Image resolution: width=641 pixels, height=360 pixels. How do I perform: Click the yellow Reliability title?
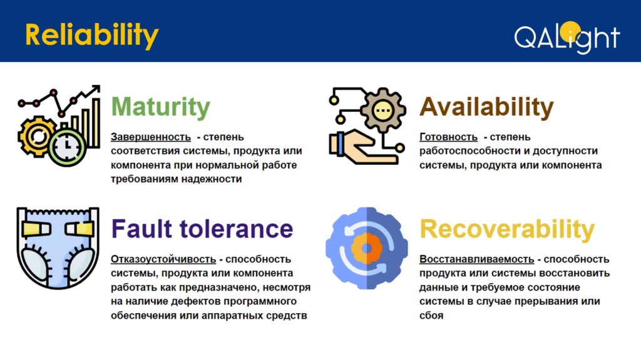point(91,36)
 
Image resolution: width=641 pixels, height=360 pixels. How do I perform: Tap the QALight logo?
point(567,37)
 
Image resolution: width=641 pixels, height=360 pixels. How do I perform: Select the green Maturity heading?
point(161,107)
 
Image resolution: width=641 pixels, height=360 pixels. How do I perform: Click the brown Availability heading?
point(486,107)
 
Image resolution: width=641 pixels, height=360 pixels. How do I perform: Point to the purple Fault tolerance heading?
point(202,229)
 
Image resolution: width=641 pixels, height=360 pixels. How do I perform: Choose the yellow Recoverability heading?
point(507,229)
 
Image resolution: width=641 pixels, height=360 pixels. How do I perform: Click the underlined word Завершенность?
point(150,137)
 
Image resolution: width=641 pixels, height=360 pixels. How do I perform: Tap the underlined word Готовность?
point(448,137)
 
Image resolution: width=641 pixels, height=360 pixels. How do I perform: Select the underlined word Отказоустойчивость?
point(163,259)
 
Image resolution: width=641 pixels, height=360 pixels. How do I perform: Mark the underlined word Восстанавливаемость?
point(476,259)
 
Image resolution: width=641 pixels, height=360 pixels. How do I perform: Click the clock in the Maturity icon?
point(68,146)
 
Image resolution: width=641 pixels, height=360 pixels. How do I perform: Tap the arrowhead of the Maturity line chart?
point(96,88)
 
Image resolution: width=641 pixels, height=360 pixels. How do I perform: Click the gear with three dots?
point(383,109)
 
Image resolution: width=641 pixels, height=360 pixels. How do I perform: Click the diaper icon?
point(58,247)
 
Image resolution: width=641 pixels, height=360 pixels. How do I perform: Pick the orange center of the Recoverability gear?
point(367,247)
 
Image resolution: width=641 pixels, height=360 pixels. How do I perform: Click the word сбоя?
point(431,316)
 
